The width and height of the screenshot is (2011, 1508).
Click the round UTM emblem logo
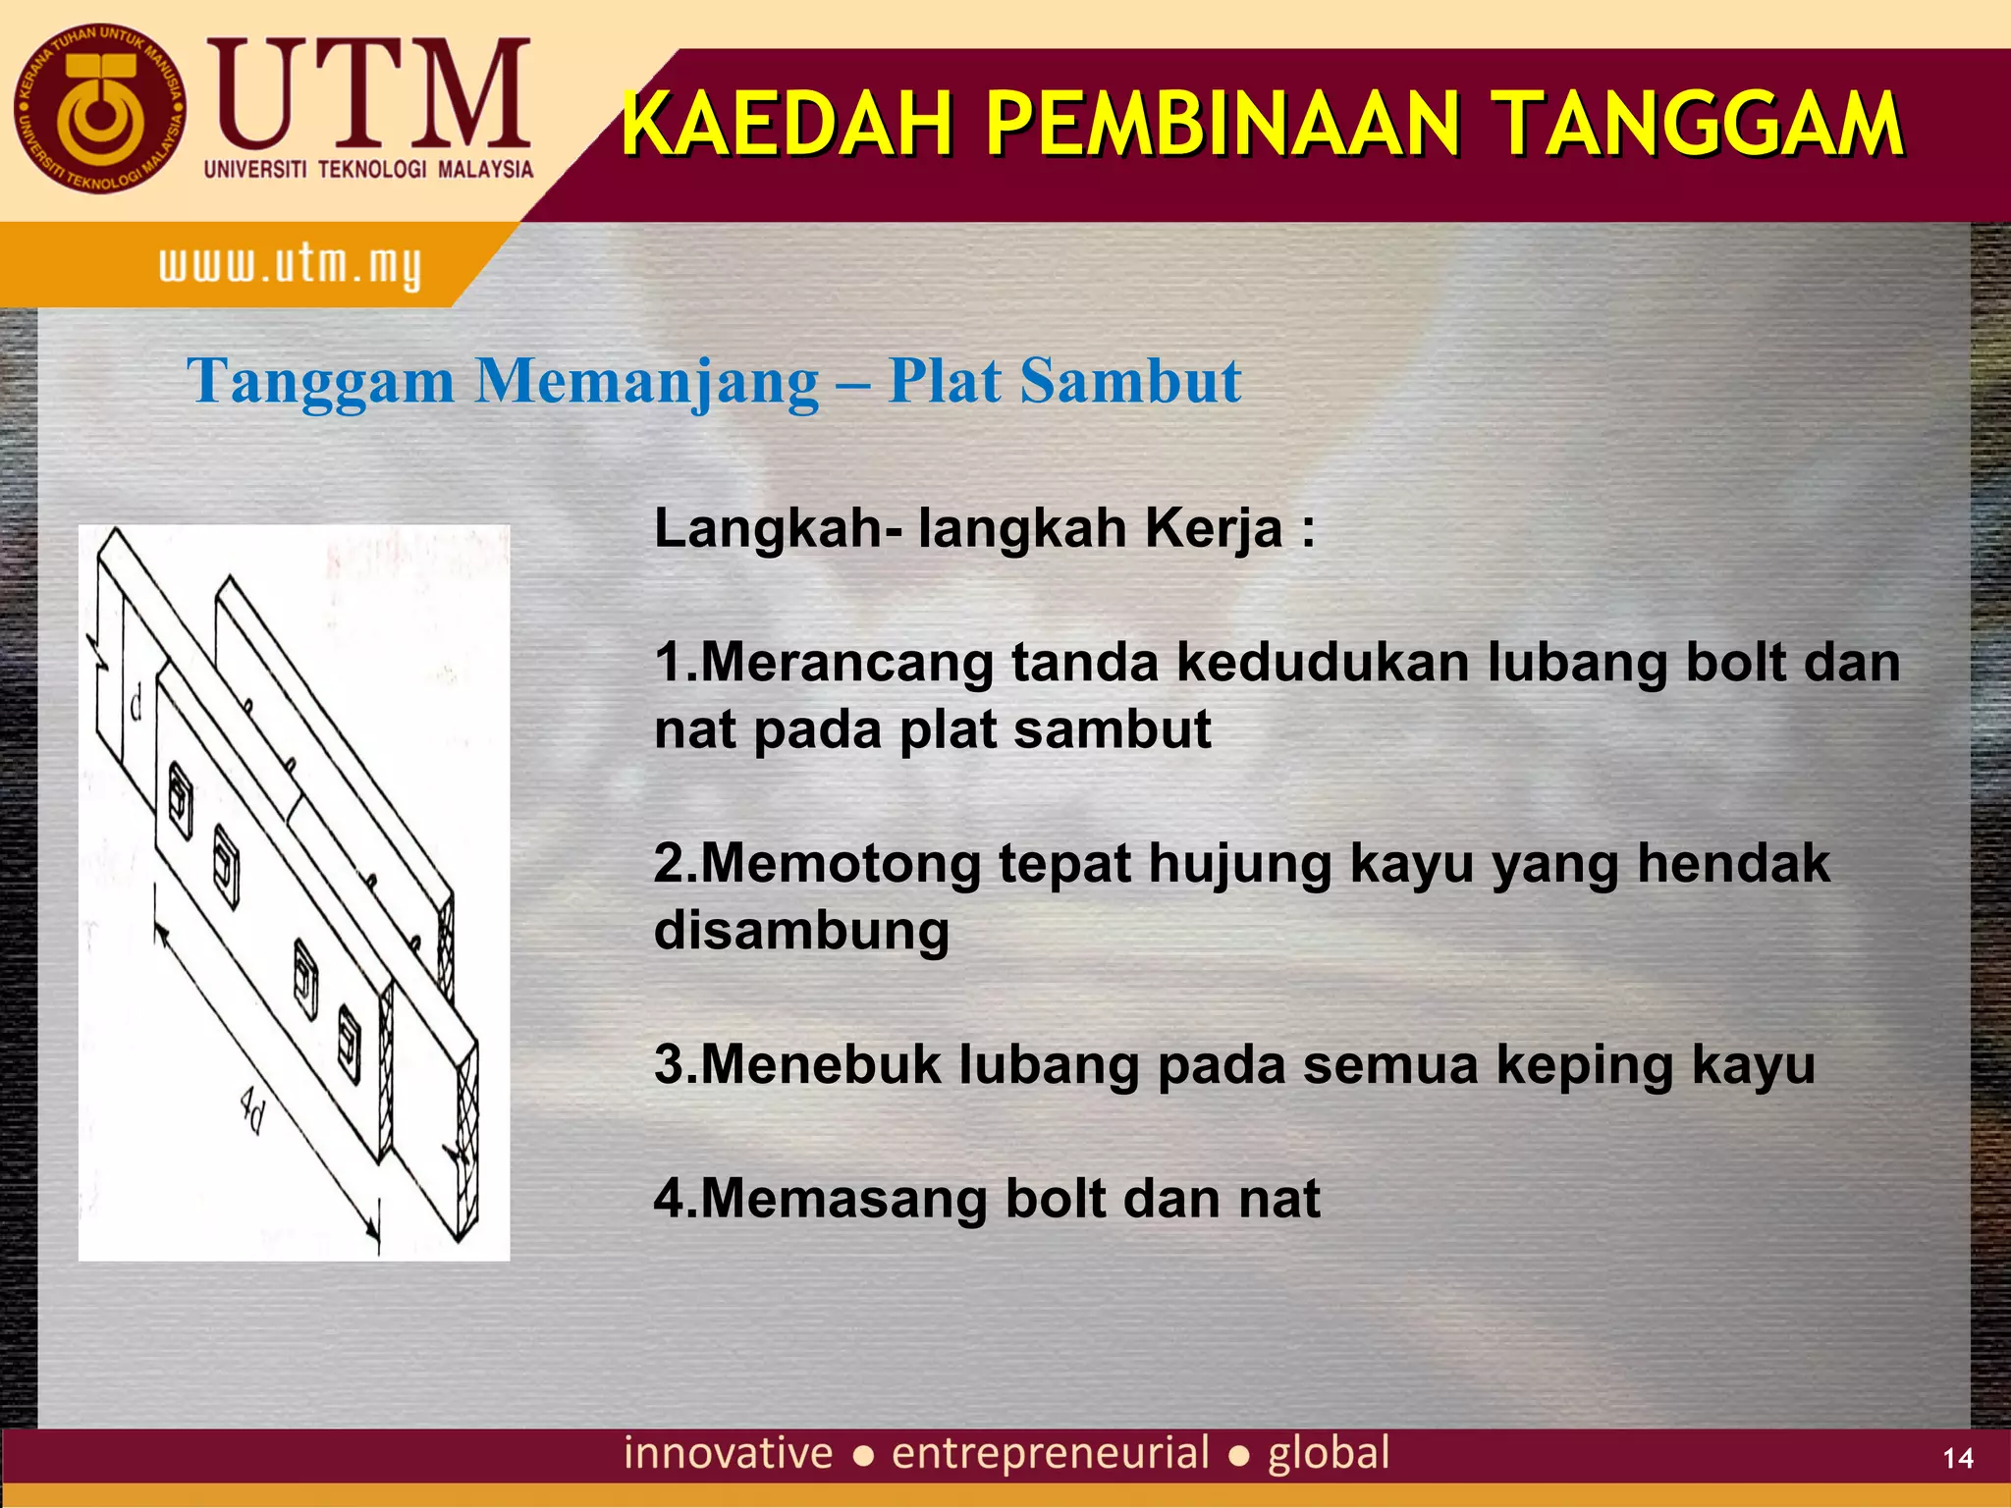pyautogui.click(x=99, y=110)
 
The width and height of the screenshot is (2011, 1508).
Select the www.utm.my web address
pyautogui.click(x=290, y=266)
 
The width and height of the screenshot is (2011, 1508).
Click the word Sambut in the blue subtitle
pyautogui.click(x=1130, y=381)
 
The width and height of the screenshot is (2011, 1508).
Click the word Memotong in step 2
pyautogui.click(x=841, y=864)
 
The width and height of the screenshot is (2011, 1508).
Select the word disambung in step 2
pyautogui.click(x=801, y=931)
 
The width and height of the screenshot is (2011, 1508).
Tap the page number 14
pyautogui.click(x=1958, y=1458)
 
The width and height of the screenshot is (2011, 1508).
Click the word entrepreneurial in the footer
pyautogui.click(x=1050, y=1453)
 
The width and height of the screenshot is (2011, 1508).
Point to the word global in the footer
pyautogui.click(x=1329, y=1453)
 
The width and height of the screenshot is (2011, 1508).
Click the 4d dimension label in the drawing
pyautogui.click(x=252, y=1115)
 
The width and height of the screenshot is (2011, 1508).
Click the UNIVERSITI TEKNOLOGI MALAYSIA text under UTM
pyautogui.click(x=368, y=170)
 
